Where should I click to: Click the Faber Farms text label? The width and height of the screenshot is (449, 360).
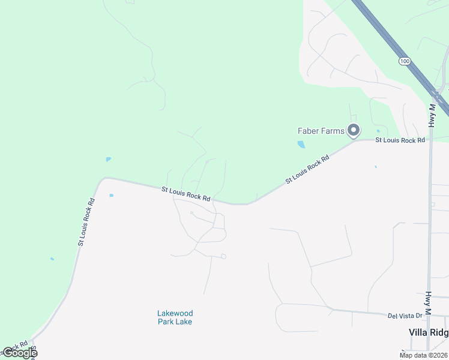tap(321, 131)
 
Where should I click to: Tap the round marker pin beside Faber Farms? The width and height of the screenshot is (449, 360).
tap(354, 130)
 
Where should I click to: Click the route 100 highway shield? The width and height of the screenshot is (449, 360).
tap(405, 61)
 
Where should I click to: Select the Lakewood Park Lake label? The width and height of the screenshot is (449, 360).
tap(175, 317)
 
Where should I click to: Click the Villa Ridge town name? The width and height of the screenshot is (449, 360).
tap(429, 332)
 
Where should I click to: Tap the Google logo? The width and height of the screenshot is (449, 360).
tap(20, 353)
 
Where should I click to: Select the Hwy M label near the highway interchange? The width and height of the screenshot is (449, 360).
tap(432, 115)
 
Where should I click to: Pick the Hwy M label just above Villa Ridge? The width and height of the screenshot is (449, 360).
tap(428, 304)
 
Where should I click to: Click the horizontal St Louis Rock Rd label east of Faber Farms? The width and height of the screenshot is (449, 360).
tap(400, 140)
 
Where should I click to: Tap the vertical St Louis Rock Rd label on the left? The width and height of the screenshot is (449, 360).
tap(86, 222)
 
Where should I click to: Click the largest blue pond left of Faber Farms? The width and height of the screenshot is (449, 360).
tap(301, 145)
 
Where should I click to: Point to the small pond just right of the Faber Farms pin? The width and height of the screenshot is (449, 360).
tap(378, 131)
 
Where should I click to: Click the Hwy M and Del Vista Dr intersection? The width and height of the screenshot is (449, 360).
tap(428, 315)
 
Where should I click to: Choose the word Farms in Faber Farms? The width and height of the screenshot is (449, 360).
tap(333, 131)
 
